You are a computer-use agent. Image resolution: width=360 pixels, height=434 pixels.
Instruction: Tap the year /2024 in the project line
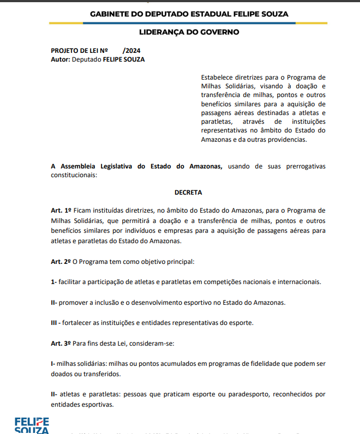[x=132, y=51]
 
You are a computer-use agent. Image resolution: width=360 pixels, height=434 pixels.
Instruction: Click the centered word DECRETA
[x=188, y=192]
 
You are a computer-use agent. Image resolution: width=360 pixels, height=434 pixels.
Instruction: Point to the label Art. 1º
[x=61, y=210]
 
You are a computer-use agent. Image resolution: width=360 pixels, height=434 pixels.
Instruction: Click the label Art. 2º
[x=61, y=261]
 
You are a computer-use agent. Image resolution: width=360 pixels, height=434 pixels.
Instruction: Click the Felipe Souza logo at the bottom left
[x=31, y=425]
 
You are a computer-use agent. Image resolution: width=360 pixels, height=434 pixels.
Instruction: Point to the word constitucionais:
[x=74, y=175]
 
